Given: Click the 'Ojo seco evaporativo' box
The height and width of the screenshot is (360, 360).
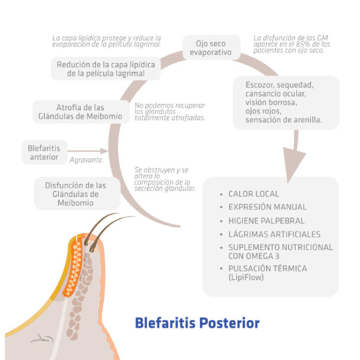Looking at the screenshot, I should (211, 48).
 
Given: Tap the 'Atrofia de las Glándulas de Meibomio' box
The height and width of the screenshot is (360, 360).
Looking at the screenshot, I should (80, 112).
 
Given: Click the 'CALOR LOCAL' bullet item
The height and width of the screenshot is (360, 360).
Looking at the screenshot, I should (253, 194).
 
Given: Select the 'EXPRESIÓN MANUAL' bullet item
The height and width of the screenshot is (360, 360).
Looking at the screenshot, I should (267, 207).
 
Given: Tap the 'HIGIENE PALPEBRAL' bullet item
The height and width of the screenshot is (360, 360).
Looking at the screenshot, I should (266, 221).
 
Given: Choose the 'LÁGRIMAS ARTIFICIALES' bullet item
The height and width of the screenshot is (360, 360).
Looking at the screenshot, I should (274, 234).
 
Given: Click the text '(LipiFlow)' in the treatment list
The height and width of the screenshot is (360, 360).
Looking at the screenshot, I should (246, 277).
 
